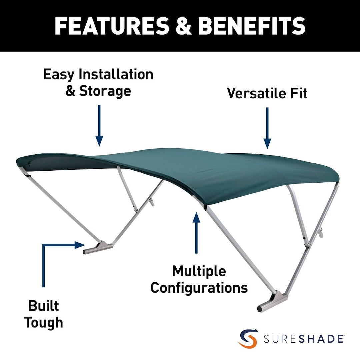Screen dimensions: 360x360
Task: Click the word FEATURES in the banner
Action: point(112,26)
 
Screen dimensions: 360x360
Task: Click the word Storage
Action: point(105,91)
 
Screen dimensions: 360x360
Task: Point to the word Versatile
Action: point(256,93)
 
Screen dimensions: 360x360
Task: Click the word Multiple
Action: point(199,272)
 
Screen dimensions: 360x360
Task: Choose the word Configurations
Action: point(199,288)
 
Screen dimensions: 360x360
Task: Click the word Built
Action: point(44,306)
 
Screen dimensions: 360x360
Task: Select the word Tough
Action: point(43,323)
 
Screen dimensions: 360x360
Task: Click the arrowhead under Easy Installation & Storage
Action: point(99,141)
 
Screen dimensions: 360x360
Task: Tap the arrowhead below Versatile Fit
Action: point(267,144)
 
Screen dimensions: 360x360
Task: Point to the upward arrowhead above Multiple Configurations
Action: point(196,217)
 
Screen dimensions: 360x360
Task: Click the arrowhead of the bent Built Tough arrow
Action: point(80,245)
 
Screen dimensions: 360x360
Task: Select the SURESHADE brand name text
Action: point(304,339)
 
